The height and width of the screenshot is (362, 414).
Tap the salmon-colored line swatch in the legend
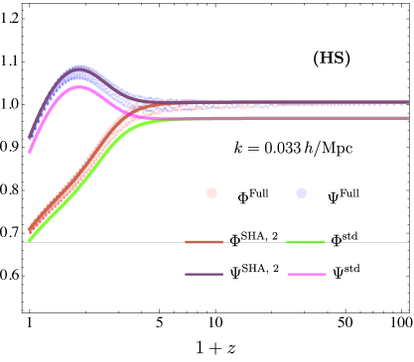tap(204, 242)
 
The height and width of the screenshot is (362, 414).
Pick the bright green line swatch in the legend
tap(305, 242)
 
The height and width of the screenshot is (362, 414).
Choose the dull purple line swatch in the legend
tap(204, 274)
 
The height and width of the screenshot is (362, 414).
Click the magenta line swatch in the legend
tap(306, 274)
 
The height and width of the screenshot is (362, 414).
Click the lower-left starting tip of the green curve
tap(30, 240)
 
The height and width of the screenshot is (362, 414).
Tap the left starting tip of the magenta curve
tap(30, 152)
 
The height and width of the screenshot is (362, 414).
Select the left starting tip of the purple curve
tap(29, 137)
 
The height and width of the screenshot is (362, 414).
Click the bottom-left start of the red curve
tap(29, 231)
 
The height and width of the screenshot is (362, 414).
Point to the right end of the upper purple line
tap(407, 102)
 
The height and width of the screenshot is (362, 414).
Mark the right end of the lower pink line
tap(407, 118)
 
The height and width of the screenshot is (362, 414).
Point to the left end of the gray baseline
tap(25, 242)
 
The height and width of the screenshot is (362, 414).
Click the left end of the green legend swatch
tap(288, 242)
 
